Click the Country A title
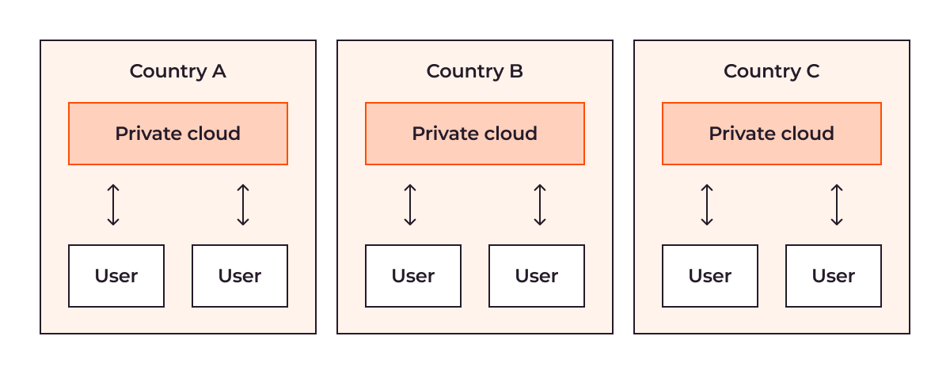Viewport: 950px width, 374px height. [x=177, y=72]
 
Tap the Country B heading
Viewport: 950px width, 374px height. [x=474, y=72]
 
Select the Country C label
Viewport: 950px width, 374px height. [x=771, y=72]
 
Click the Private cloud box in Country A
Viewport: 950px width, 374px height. [x=178, y=134]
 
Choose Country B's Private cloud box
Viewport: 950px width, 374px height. [x=475, y=134]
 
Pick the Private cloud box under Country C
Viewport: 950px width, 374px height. [x=772, y=134]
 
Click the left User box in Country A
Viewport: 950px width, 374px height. [x=116, y=276]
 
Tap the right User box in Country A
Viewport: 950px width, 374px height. [x=240, y=276]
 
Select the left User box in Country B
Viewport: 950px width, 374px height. [x=413, y=276]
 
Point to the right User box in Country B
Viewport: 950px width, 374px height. [x=537, y=276]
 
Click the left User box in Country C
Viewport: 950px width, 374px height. [x=710, y=276]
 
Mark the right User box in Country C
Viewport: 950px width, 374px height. [x=834, y=276]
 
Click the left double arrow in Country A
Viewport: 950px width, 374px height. [x=113, y=205]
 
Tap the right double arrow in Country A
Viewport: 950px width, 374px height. [x=243, y=205]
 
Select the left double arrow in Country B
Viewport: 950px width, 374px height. [x=410, y=205]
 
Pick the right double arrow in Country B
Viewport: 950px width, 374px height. [x=540, y=205]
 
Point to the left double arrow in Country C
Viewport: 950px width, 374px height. [x=707, y=205]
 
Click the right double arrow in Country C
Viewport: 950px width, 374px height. [x=837, y=205]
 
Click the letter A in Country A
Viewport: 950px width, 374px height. [x=218, y=71]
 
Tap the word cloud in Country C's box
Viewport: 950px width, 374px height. [x=807, y=133]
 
